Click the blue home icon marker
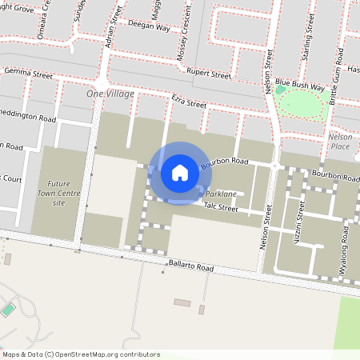pyautogui.click(x=180, y=172)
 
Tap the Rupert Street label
pyautogui.click(x=210, y=75)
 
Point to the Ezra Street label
pyautogui.click(x=189, y=102)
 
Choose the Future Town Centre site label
pyautogui.click(x=58, y=193)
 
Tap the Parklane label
pyautogui.click(x=221, y=194)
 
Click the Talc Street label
pyautogui.click(x=221, y=207)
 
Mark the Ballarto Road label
pyautogui.click(x=190, y=267)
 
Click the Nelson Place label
pyautogui.click(x=340, y=142)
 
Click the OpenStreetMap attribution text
pyautogui.click(x=81, y=354)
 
